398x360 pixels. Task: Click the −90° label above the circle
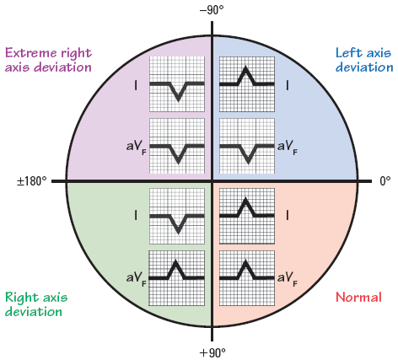click(x=212, y=10)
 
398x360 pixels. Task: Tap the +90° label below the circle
click(x=212, y=352)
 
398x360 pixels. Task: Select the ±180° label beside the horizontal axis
click(x=31, y=181)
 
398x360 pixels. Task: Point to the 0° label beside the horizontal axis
click(x=385, y=181)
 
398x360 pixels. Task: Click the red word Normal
click(x=358, y=297)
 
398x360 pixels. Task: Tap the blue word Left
click(x=349, y=52)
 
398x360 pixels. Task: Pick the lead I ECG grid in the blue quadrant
click(x=247, y=84)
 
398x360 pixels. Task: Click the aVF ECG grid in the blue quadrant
click(x=247, y=146)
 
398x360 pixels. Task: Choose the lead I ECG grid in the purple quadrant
click(x=177, y=84)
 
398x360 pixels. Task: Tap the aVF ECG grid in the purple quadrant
click(x=177, y=146)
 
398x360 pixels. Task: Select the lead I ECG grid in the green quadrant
click(x=177, y=216)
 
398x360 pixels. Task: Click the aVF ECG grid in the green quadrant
click(x=176, y=278)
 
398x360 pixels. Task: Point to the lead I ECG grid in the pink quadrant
click(x=247, y=216)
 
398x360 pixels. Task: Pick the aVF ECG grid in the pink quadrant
click(x=247, y=278)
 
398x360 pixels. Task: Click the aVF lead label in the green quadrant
click(x=137, y=279)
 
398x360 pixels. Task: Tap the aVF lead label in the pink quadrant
click(x=288, y=279)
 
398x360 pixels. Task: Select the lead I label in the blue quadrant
click(x=287, y=85)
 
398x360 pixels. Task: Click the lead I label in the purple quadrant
click(x=136, y=85)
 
